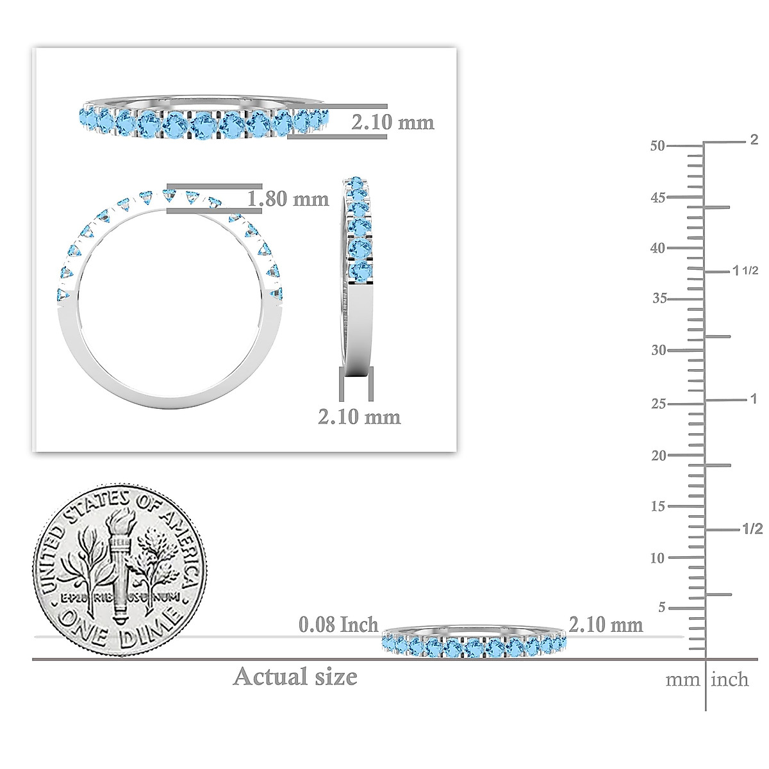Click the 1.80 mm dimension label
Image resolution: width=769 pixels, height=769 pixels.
click(288, 199)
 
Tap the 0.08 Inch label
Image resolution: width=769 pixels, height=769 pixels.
click(338, 624)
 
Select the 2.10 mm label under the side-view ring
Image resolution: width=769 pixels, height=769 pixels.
click(360, 417)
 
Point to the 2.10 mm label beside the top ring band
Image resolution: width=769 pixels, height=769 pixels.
click(392, 122)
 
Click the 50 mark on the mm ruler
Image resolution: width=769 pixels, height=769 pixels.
click(657, 145)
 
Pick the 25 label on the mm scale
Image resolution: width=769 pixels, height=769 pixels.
click(658, 404)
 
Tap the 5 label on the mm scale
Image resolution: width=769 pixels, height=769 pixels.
click(662, 607)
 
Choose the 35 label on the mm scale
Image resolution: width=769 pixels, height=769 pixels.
click(658, 299)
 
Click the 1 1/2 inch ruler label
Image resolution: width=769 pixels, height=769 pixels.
click(745, 270)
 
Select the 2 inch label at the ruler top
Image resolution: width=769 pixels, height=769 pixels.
click(754, 140)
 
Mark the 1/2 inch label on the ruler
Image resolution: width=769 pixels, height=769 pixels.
click(752, 529)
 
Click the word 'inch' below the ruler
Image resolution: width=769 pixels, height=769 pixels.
click(730, 679)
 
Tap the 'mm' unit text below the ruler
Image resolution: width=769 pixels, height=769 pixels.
click(682, 680)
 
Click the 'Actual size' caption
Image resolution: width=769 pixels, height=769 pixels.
click(295, 677)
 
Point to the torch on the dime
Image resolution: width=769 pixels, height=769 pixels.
click(120, 564)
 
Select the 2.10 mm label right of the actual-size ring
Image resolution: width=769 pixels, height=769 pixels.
click(606, 624)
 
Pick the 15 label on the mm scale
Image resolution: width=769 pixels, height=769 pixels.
click(657, 506)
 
